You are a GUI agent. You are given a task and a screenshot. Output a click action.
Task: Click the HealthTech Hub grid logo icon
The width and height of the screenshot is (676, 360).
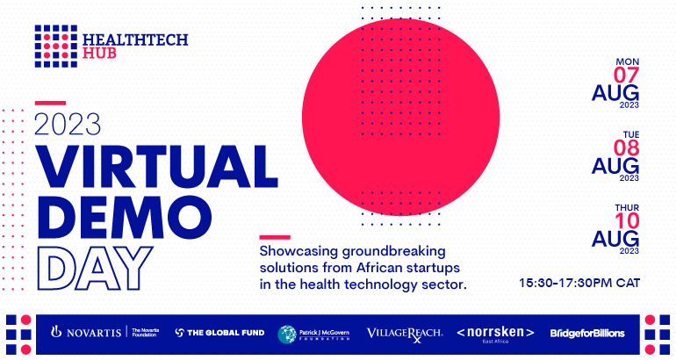tap(56, 47)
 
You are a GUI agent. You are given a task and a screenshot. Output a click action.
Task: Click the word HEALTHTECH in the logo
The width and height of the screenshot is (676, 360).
tap(135, 40)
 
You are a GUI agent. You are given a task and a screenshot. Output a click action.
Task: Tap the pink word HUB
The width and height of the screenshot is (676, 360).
tap(99, 53)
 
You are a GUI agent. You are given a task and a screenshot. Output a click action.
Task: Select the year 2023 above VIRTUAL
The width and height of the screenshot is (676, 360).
tap(68, 124)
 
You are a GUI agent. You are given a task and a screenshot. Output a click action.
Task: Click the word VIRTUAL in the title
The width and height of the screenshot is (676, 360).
tap(156, 167)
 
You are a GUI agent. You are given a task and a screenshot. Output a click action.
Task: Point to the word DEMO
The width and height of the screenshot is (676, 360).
tap(124, 217)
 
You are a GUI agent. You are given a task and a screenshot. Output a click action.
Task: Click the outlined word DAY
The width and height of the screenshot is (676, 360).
tap(96, 268)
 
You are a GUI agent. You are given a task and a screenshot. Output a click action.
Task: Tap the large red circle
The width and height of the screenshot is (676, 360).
tap(400, 117)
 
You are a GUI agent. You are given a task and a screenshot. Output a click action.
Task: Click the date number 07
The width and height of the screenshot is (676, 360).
tap(626, 76)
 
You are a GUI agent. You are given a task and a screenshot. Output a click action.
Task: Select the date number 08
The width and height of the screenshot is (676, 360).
tap(626, 148)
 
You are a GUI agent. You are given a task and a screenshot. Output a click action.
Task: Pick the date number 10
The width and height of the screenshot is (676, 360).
tap(627, 221)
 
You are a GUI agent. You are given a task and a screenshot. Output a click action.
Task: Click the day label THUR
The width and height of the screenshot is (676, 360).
tap(627, 208)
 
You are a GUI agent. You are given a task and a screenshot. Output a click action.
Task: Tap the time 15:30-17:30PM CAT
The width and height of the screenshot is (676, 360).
tap(579, 284)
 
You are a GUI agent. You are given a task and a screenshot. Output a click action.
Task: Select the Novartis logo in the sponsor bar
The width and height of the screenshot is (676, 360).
tap(104, 332)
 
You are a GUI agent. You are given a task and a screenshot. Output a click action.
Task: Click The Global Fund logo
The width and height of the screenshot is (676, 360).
tap(219, 333)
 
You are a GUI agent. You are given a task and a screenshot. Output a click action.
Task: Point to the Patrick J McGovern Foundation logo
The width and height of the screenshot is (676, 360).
tap(313, 335)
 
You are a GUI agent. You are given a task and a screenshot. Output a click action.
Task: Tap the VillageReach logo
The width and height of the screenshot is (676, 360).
tap(405, 335)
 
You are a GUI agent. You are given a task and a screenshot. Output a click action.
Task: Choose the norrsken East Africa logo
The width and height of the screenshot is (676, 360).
tap(495, 335)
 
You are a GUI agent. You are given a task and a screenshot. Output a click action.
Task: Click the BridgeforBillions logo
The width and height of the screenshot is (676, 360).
tap(587, 334)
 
